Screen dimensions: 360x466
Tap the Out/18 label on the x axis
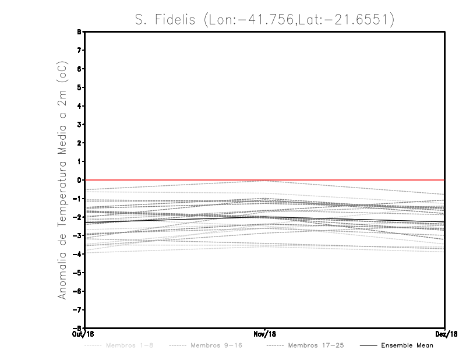pyautogui.click(x=84, y=333)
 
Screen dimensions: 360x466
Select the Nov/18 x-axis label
pyautogui.click(x=265, y=333)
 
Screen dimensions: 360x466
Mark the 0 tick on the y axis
pyautogui.click(x=79, y=180)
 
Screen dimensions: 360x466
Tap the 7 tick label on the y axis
pyautogui.click(x=79, y=51)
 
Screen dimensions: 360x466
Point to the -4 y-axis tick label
pyautogui.click(x=77, y=254)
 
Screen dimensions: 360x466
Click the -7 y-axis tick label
pyautogui.click(x=77, y=309)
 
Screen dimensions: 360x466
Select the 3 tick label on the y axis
pyautogui.click(x=79, y=125)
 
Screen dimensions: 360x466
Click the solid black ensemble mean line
pyautogui.click(x=175, y=220)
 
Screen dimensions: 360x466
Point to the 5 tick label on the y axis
pyautogui.click(x=79, y=87)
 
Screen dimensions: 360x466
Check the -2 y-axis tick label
pyautogui.click(x=77, y=217)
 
